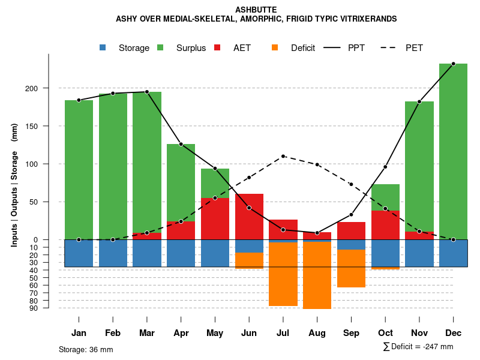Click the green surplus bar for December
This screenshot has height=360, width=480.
453,150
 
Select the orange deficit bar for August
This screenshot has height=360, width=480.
317,275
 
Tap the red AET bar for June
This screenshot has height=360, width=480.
249,216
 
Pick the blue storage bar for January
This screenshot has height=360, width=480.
79,253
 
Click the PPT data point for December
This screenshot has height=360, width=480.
453,64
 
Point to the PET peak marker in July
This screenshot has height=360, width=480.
283,156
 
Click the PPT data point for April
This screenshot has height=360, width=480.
181,144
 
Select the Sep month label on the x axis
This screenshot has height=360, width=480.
351,333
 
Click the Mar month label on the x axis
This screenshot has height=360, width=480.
147,333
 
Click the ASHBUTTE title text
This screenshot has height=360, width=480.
256,10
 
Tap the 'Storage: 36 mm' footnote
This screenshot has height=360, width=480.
86,349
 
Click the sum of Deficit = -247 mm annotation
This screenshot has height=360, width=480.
418,346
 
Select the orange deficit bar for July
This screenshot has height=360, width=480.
283,274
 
